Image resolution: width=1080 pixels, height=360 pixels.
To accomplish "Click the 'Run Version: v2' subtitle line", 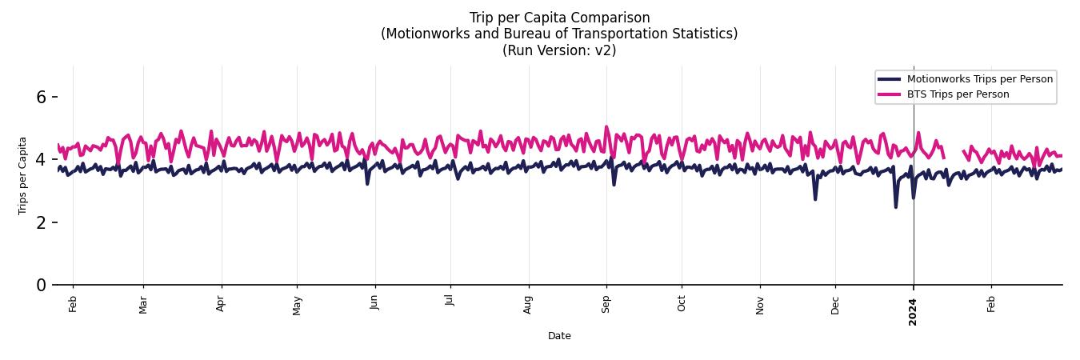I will [559, 50].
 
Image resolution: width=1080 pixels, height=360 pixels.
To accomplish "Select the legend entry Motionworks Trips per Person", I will [979, 78].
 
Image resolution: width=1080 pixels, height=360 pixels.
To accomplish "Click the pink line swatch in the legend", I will [889, 94].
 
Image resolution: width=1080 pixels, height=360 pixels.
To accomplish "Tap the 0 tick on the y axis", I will [42, 285].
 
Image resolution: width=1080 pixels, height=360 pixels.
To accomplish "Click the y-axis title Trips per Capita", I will [22, 175].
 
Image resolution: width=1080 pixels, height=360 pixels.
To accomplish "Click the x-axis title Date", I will [559, 336].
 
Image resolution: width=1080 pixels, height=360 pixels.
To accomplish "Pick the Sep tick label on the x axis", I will [606, 304].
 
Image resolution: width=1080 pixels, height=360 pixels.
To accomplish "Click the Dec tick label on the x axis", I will [835, 304].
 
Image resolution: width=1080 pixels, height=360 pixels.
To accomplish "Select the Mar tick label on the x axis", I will [143, 304].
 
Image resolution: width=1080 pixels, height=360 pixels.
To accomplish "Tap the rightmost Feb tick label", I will [991, 304].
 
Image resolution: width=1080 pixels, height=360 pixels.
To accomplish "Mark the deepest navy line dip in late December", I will [895, 206].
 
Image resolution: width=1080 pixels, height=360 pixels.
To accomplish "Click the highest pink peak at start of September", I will [606, 127].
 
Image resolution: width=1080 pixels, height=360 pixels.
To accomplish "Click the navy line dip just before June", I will [367, 183].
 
